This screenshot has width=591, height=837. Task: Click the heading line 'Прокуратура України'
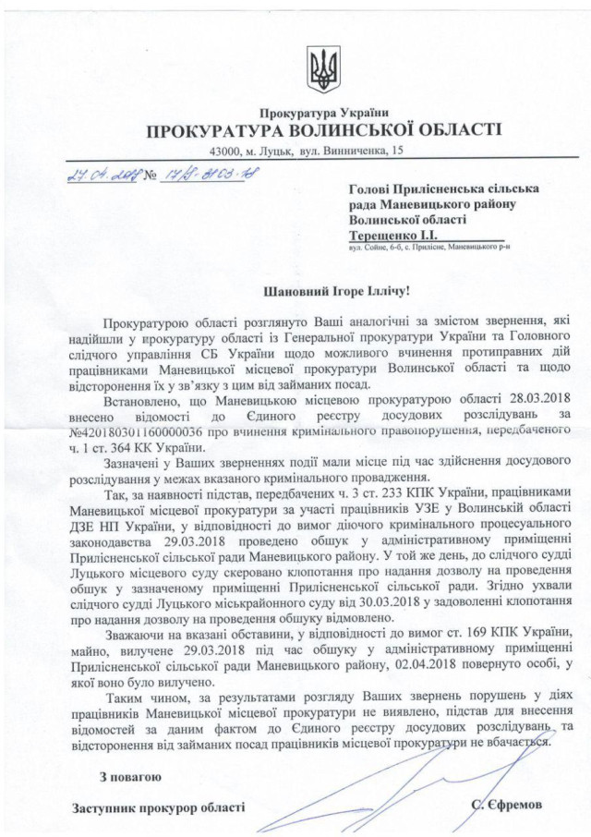pyautogui.click(x=323, y=112)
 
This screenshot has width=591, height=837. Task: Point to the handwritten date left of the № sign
pyautogui.click(x=92, y=172)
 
